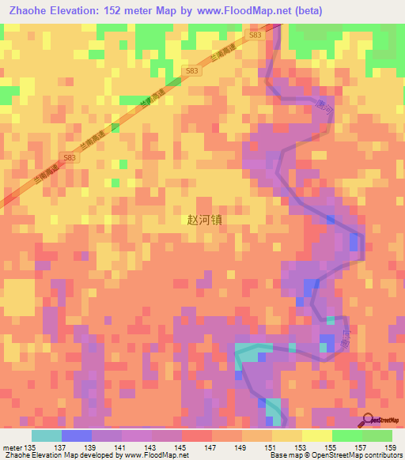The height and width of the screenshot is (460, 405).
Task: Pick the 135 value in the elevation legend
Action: [31, 447]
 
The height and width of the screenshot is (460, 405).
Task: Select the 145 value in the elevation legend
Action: [182, 447]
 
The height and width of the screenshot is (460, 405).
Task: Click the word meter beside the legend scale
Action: [11, 447]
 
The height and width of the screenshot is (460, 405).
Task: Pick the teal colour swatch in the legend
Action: [47, 435]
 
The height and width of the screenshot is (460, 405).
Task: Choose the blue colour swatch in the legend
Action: [77, 435]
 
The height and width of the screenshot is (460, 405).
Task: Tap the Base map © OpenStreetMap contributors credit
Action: [335, 456]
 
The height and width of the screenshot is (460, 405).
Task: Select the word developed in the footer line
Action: [101, 456]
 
